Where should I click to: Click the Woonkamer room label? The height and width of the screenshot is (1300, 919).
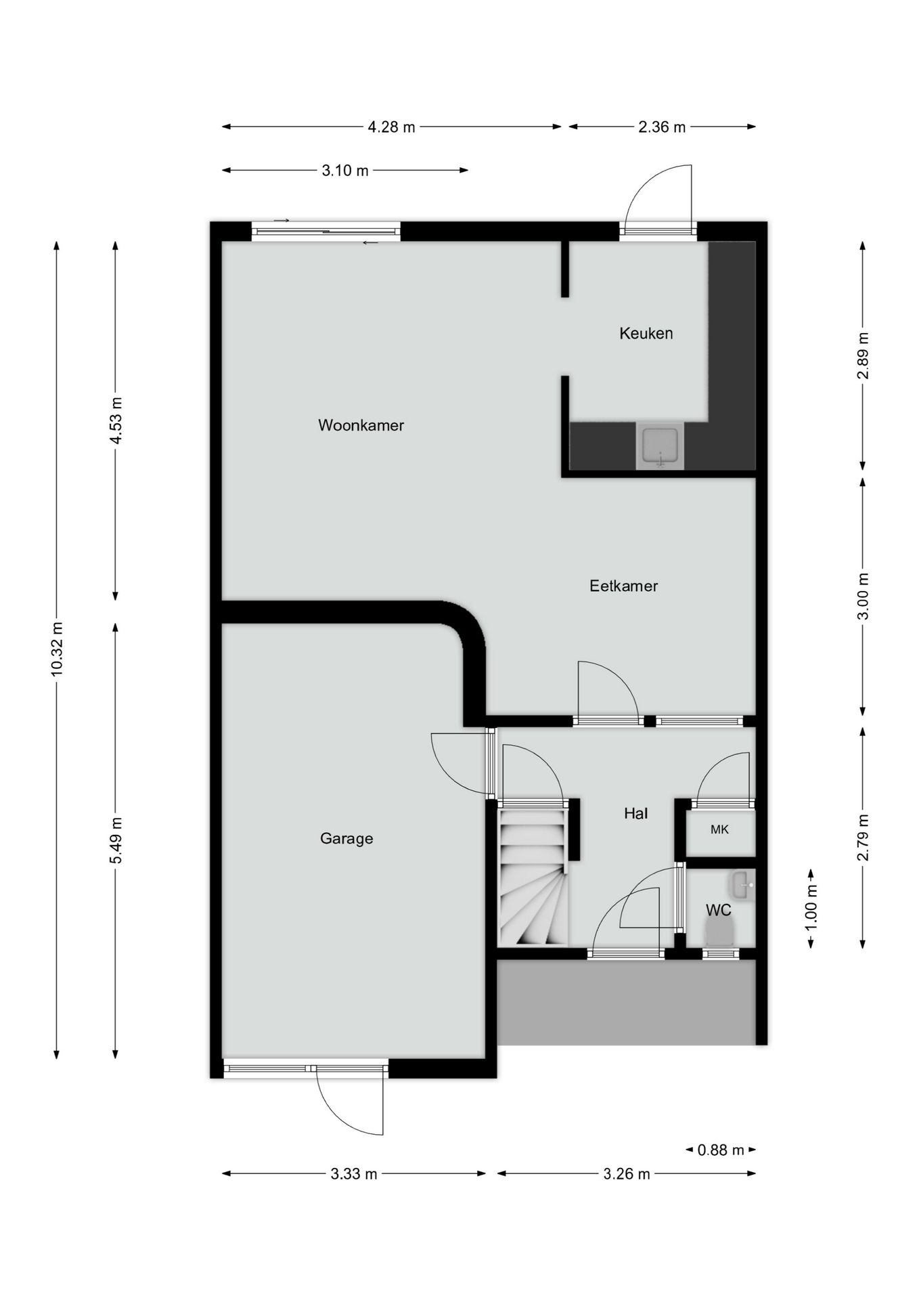coord(361,425)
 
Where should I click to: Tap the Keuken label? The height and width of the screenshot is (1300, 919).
coord(646,333)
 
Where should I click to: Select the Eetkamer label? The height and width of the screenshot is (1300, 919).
coord(623,586)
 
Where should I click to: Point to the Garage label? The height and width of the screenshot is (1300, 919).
coord(346,838)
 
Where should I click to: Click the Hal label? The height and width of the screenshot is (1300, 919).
coord(635,813)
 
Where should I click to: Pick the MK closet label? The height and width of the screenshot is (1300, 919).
coord(719,829)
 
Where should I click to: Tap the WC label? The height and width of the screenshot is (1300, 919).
coord(719,910)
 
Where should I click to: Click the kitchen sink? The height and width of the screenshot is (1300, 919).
coord(660,446)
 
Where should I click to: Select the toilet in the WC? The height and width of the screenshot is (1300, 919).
coord(720,933)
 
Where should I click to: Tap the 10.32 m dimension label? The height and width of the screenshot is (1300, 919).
coord(56,648)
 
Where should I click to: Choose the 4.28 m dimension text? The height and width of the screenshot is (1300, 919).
coord(391,127)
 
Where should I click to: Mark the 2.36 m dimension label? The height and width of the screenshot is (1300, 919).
coord(662,127)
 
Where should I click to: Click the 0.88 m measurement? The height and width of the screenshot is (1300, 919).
coord(721,1149)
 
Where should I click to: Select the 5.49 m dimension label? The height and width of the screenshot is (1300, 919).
coord(116,840)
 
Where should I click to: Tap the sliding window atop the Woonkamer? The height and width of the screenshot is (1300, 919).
coord(326,232)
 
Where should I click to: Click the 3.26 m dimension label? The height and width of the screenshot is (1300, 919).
coord(627,1173)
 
